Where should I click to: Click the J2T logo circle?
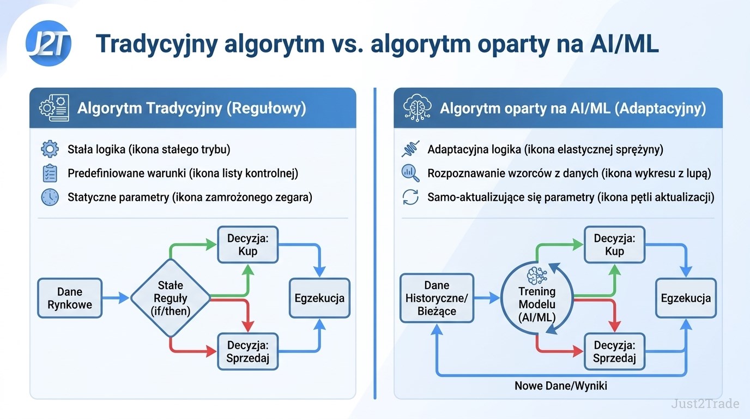pos(49,43)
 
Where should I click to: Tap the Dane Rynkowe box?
pos(70,298)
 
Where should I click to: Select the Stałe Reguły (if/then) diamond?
pos(171,298)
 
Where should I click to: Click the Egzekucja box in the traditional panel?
pos(319,298)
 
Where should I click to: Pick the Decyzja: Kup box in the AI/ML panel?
pos(614,245)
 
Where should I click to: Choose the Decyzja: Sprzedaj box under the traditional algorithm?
pos(248,352)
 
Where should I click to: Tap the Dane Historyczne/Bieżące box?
pos(437,298)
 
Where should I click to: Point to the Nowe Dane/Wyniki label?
pos(561,386)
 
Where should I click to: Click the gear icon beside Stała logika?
pos(50,149)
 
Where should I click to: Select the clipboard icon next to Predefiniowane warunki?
pos(50,173)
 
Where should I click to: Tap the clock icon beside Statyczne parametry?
pos(50,197)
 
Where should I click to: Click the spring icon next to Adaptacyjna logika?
pos(410,149)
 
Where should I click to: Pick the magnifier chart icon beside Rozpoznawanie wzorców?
pos(410,173)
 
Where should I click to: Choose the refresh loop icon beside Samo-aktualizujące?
pos(410,197)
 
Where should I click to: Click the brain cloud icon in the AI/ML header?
pos(417,107)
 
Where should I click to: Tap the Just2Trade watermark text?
pos(705,403)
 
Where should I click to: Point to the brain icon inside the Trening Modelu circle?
pos(537,276)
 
